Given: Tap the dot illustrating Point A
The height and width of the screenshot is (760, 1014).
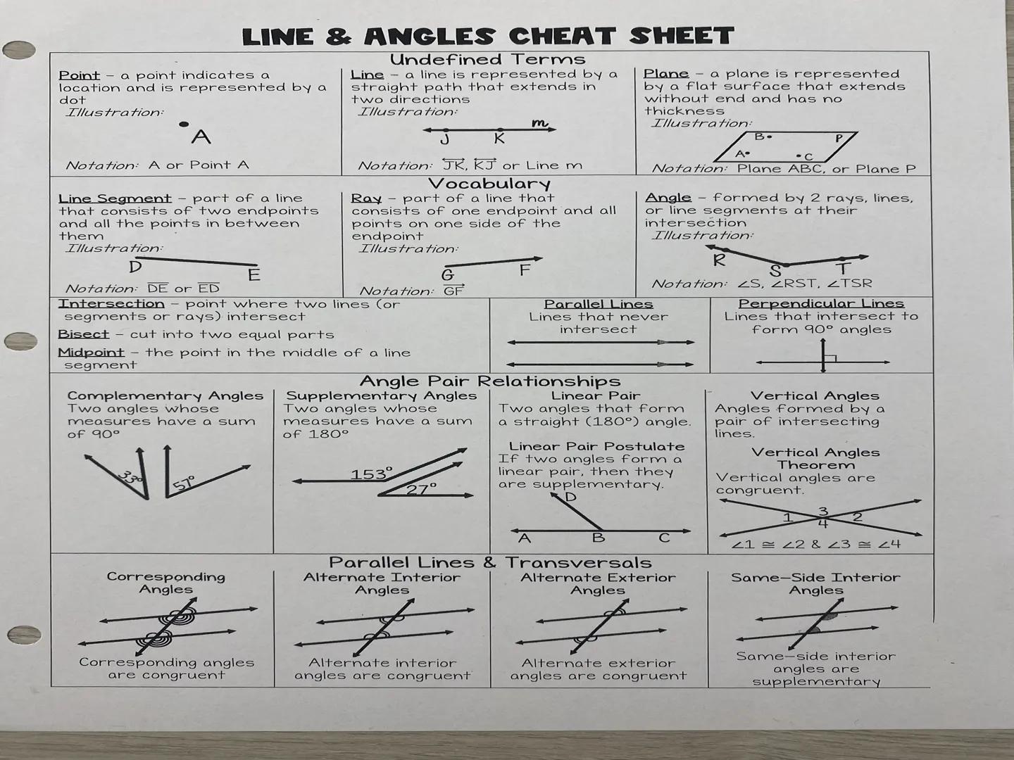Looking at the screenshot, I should click(184, 125).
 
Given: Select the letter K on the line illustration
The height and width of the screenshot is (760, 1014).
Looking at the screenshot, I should click(499, 139).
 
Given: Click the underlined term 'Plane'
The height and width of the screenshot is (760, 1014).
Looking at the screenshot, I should click(665, 74).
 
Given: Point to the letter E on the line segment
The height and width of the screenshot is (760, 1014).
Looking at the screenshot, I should click(254, 275).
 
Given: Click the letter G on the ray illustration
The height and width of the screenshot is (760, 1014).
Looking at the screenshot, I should click(447, 275).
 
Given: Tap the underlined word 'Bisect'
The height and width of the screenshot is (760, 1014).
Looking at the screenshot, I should click(83, 334).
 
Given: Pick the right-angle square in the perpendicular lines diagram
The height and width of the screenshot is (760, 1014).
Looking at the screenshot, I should click(830, 359).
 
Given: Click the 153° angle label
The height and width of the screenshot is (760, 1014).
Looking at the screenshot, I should click(371, 474).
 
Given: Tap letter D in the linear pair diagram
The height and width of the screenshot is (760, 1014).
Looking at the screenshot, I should click(570, 498).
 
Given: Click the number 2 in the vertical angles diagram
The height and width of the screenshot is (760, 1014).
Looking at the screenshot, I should click(857, 517).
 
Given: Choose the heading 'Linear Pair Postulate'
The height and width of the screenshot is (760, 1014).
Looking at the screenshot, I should click(596, 446).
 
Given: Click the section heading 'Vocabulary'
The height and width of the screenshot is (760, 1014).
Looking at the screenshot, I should click(489, 184).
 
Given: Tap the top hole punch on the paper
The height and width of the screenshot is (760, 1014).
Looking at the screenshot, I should click(19, 50).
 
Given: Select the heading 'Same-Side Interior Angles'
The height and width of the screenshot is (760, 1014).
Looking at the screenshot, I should click(815, 583).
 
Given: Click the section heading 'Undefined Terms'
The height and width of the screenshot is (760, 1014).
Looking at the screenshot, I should click(487, 59).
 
